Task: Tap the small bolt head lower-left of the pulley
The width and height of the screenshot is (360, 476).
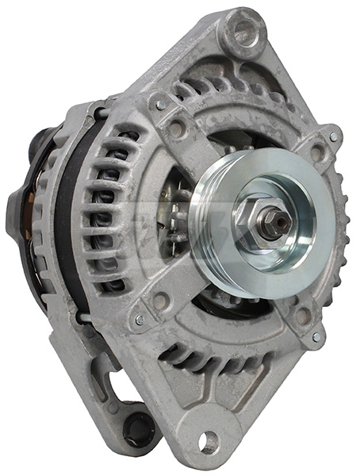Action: (140, 320)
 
